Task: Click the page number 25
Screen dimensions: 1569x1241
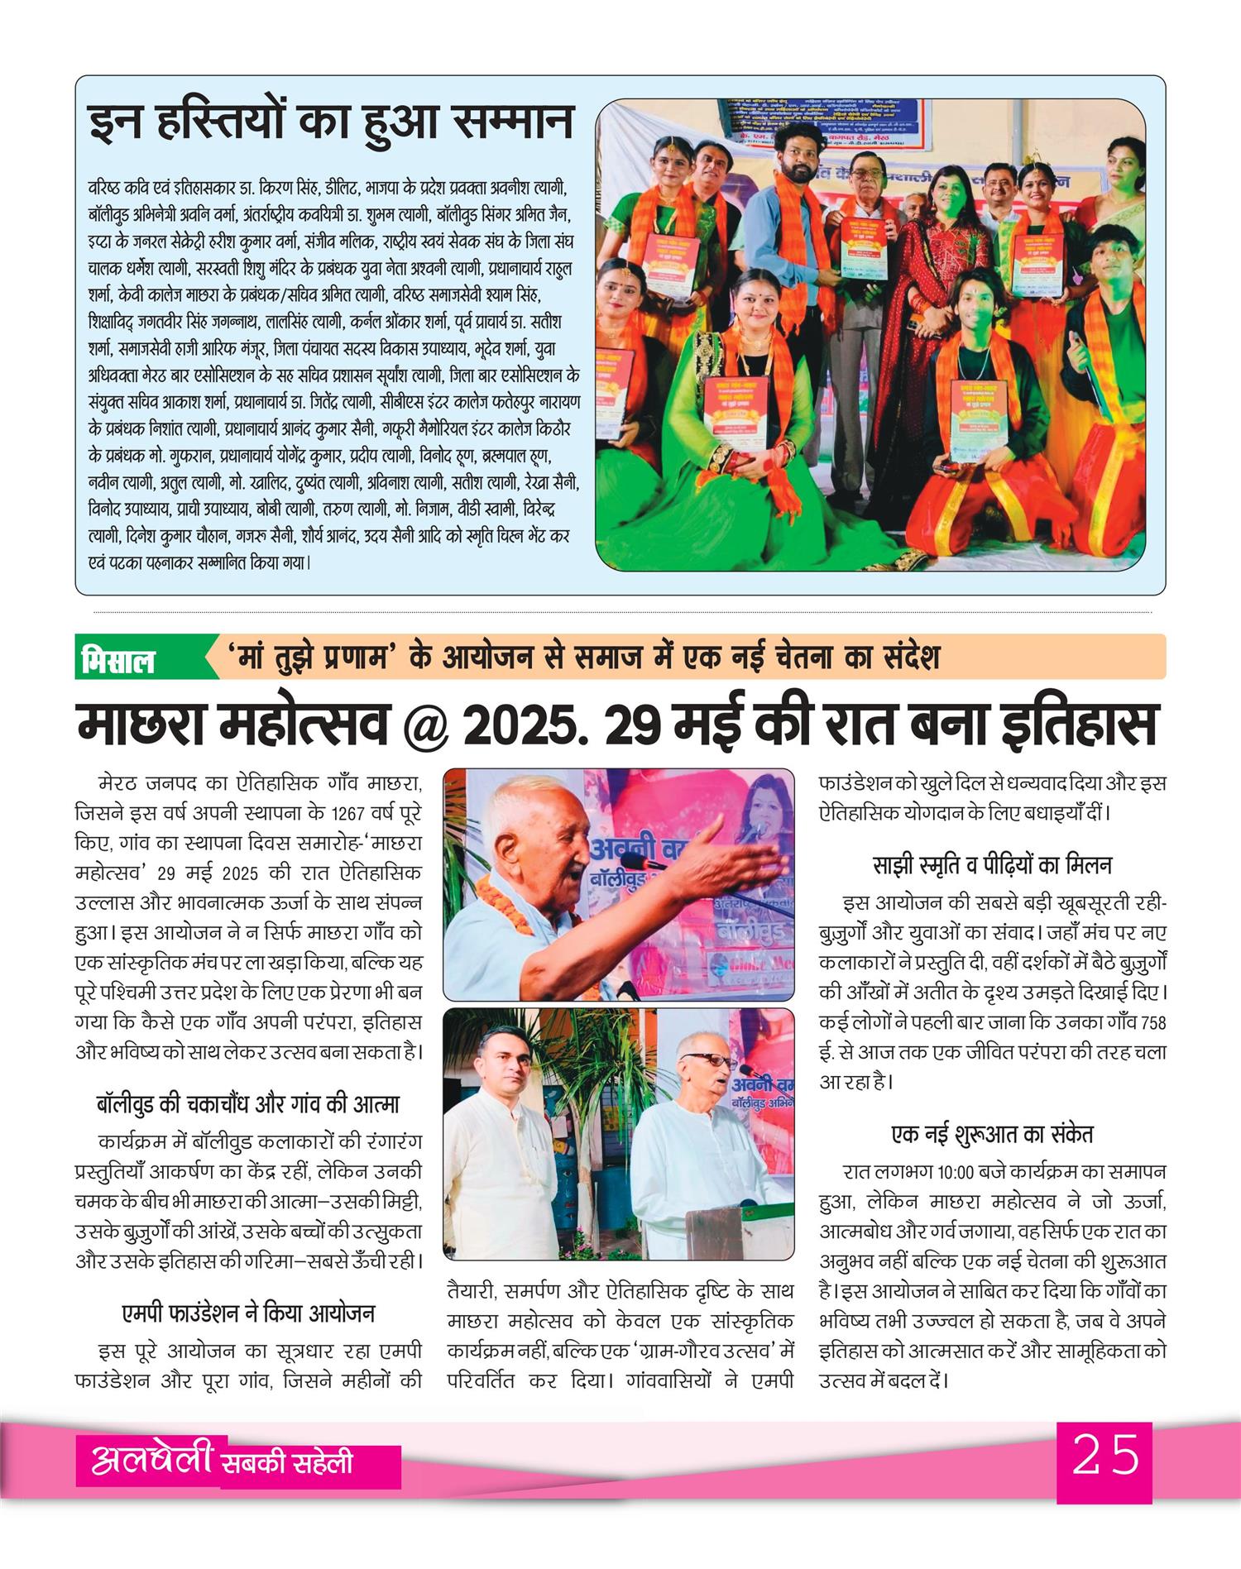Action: tap(1104, 1455)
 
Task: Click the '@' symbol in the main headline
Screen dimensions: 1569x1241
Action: tap(424, 725)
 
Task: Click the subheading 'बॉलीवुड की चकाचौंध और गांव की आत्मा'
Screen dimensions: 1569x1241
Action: tap(248, 1104)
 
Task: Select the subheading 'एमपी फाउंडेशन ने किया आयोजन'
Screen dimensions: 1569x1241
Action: tap(248, 1313)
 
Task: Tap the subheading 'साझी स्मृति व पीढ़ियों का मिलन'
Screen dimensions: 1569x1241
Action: tap(992, 865)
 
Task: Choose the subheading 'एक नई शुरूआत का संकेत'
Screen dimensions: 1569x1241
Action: tap(992, 1134)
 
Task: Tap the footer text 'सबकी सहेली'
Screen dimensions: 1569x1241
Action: tap(287, 1462)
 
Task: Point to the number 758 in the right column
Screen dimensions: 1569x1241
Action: tap(1152, 1023)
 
